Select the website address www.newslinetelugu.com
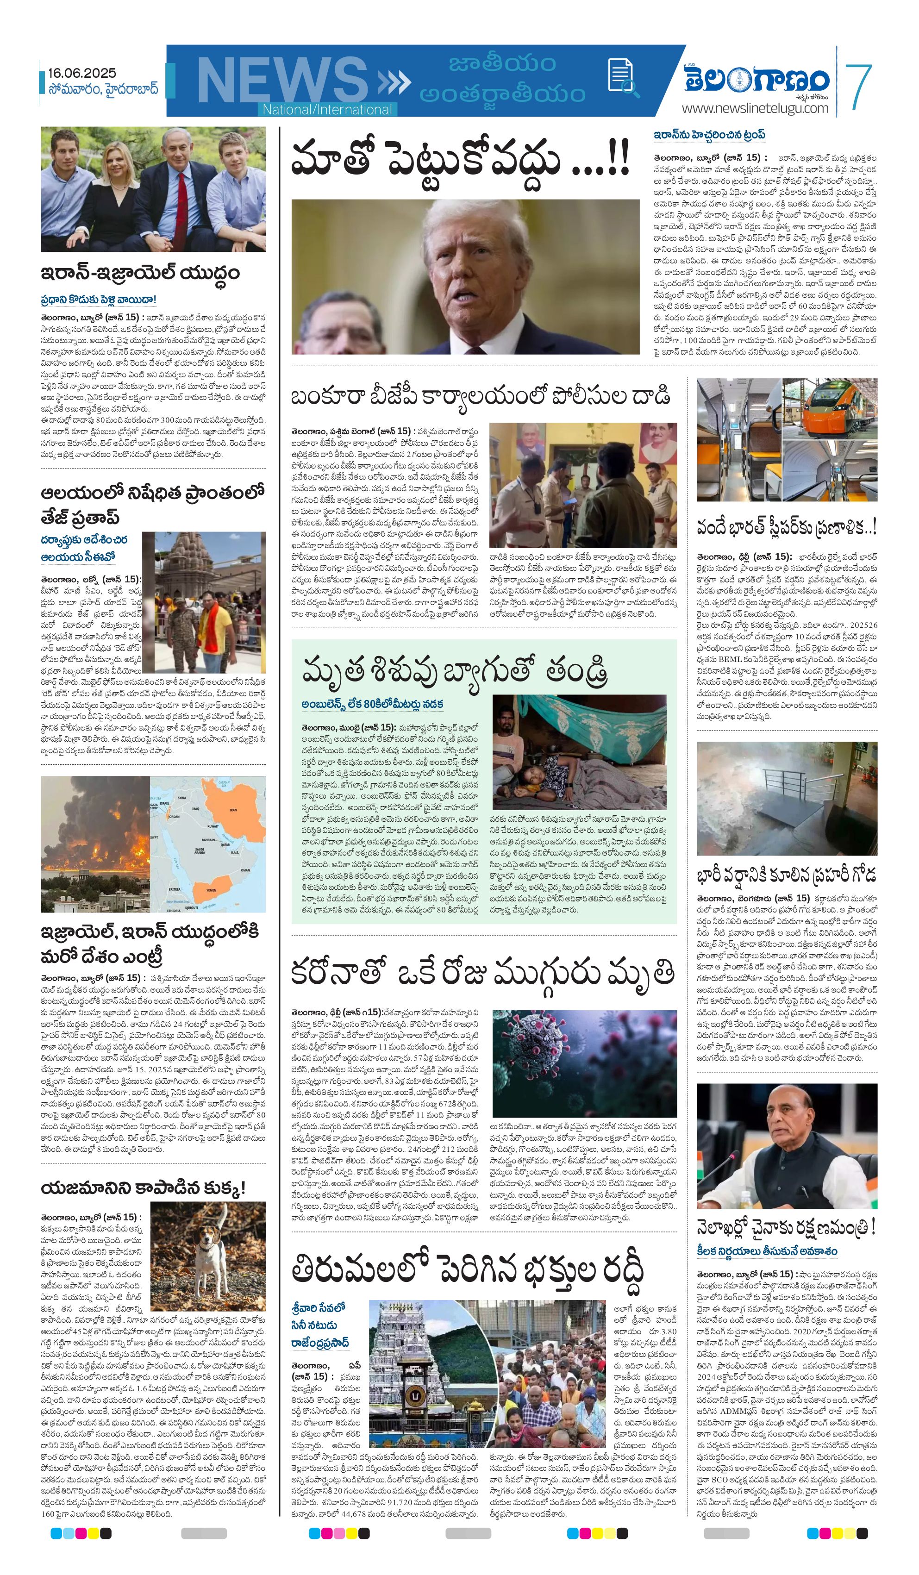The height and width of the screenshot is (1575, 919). (755, 109)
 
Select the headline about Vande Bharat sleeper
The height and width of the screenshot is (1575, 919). (786, 527)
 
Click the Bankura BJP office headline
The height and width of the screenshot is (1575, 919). (480, 396)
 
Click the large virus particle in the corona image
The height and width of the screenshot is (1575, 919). (531, 1038)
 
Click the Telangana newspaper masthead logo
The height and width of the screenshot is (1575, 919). (756, 79)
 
